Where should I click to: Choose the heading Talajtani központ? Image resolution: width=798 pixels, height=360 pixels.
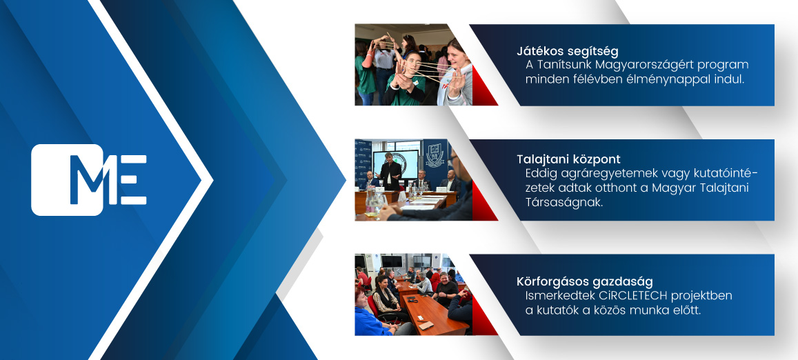click(568, 159)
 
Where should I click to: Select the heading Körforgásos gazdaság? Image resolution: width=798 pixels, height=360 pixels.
click(585, 281)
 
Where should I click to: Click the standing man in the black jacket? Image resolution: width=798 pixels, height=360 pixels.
click(390, 172)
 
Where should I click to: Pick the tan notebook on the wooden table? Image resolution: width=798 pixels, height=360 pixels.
click(426, 325)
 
